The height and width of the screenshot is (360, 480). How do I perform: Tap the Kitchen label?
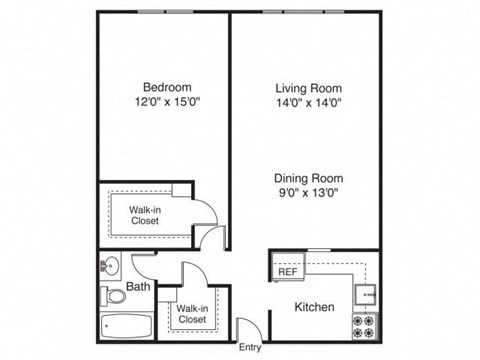coord(314,307)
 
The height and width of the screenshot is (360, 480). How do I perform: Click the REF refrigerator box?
coord(288,271)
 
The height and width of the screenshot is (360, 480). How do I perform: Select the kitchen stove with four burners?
coord(364,325)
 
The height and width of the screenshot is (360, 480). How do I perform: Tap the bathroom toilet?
coord(113,296)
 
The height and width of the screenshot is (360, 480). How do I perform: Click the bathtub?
coord(126,326)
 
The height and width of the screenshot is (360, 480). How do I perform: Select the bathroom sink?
coord(110,266)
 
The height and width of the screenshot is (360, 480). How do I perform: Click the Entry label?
coord(250,348)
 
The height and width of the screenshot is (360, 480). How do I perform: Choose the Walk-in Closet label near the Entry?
coord(192,314)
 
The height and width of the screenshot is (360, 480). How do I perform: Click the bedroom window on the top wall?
coord(166,12)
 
